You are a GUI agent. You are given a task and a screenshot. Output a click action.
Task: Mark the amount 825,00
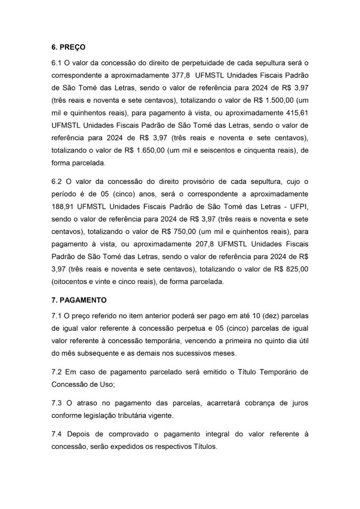(296, 269)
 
